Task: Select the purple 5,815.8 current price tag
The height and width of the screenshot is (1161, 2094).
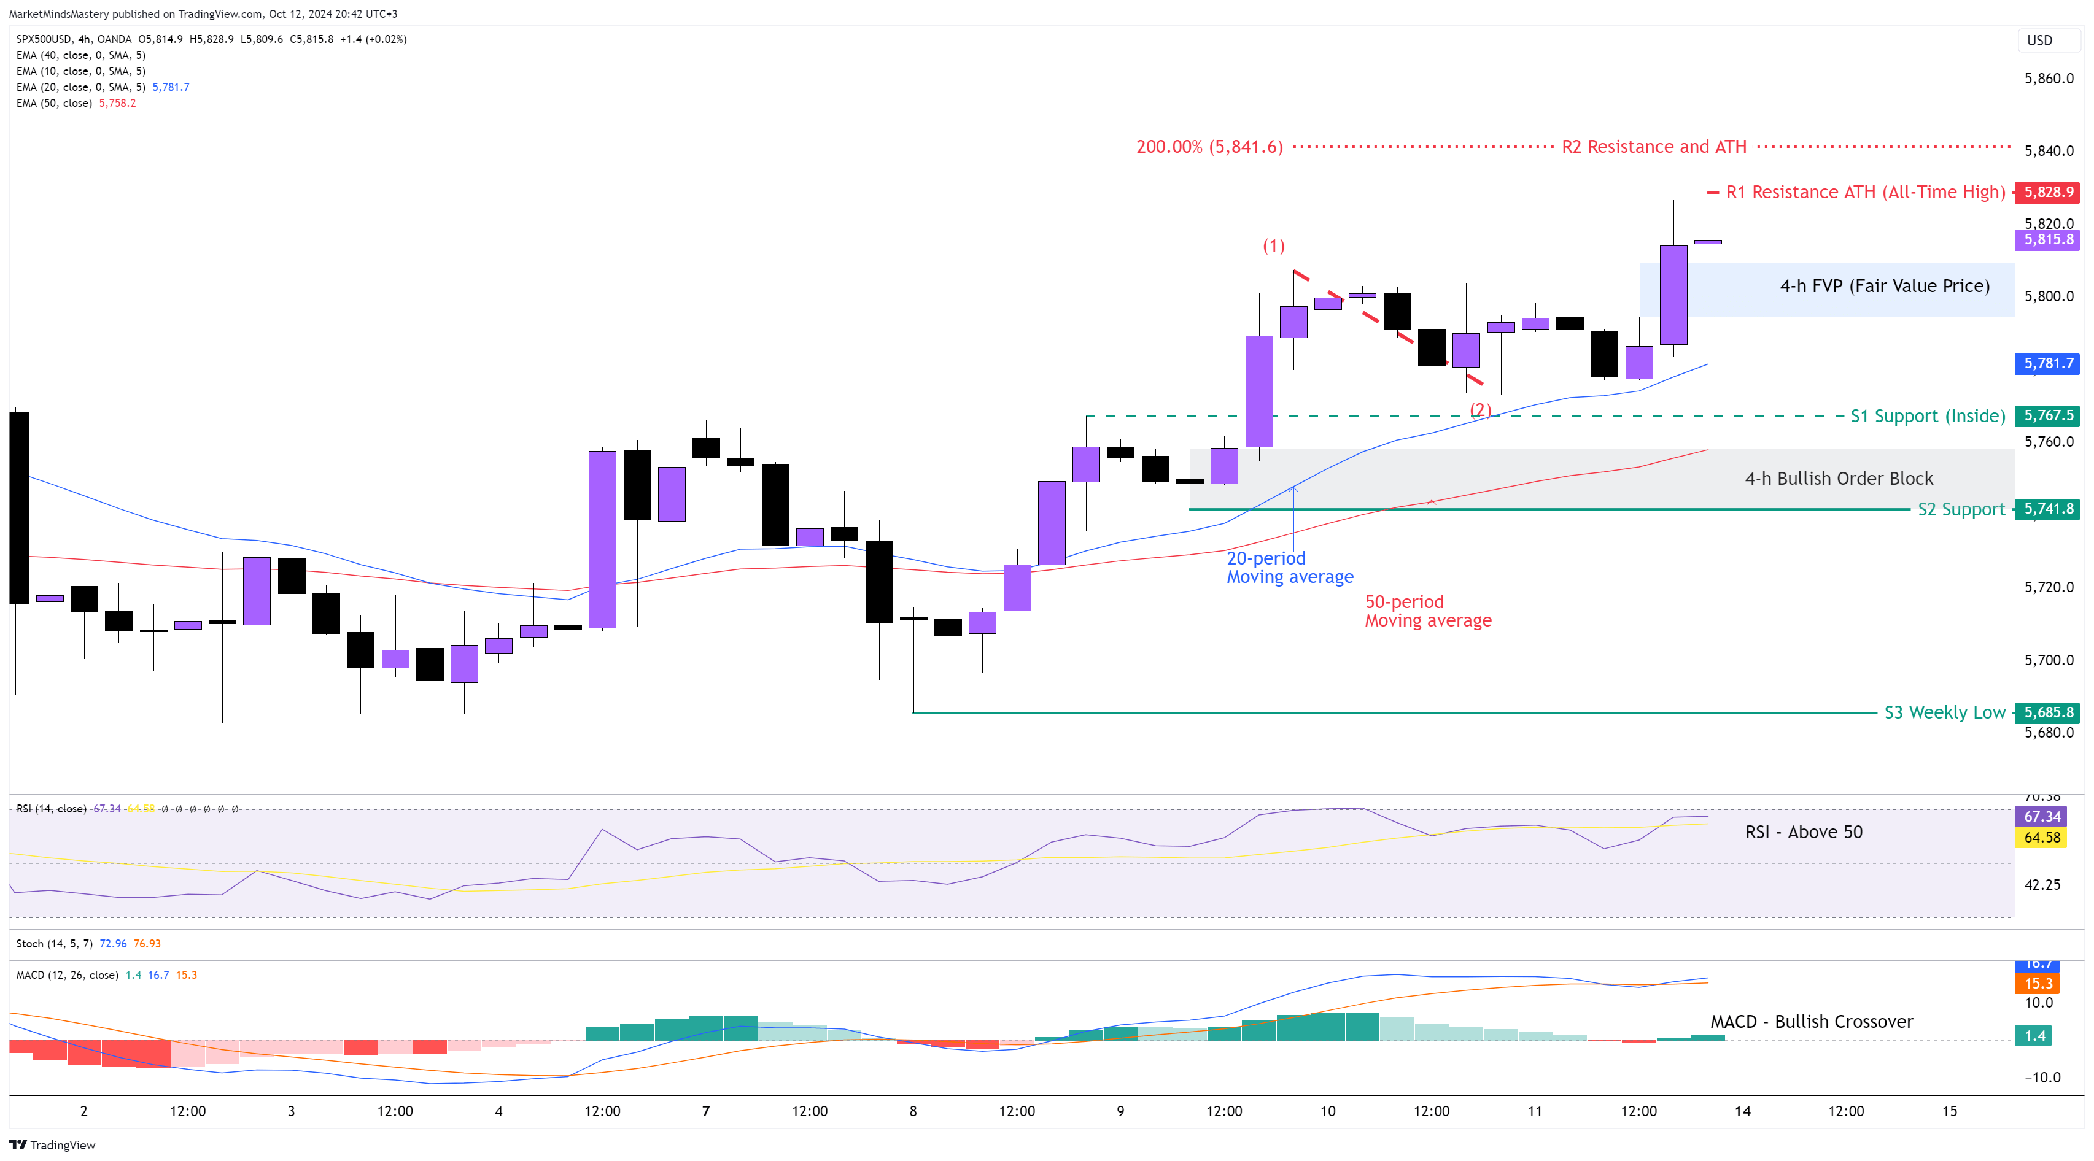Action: coord(2049,240)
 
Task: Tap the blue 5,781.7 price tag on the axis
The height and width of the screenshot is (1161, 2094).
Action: coord(2049,363)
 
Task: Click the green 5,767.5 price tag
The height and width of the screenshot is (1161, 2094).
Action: coord(2049,415)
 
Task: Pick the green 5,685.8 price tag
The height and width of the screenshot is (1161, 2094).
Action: coord(2049,712)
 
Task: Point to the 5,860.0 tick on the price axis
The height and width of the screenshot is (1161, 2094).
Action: coord(2049,79)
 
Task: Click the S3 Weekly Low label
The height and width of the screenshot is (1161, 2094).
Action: coord(1944,712)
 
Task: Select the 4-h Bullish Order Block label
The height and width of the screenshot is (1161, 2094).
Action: coord(1839,479)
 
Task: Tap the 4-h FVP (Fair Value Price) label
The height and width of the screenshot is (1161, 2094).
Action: coord(1884,286)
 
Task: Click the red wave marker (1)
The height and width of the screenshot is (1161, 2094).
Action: coord(1273,246)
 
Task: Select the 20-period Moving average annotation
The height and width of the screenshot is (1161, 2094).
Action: coord(1289,567)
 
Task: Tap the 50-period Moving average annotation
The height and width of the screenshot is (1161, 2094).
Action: coord(1427,611)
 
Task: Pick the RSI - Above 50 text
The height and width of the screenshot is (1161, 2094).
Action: coord(1803,832)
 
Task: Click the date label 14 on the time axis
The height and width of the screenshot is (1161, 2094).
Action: coord(1742,1111)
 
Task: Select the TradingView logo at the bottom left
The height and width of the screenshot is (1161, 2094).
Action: coord(52,1145)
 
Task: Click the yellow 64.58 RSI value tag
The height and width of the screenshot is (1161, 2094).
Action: coord(2042,838)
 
